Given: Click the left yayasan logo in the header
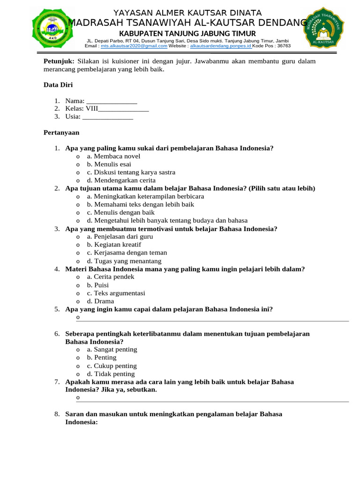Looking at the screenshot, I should coord(52,30).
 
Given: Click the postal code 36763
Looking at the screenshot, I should coord(284,46).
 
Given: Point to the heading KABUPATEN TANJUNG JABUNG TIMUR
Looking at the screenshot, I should coord(187,33).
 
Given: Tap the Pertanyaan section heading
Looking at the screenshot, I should coord(61,133).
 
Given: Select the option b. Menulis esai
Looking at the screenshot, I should coord(108,165).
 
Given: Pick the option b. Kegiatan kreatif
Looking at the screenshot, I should coord(113,245).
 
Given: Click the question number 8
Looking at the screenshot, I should coord(56,414).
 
